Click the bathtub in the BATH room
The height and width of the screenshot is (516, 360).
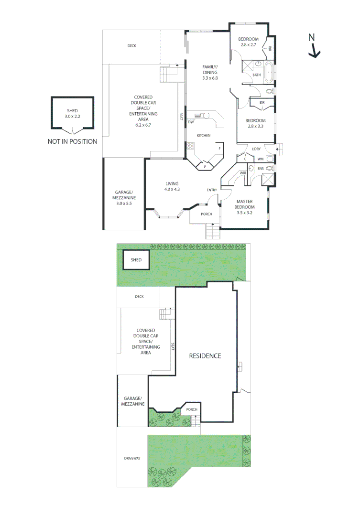point(268,72)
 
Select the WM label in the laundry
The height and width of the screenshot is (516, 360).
point(261,159)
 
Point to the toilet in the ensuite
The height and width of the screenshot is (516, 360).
point(270,168)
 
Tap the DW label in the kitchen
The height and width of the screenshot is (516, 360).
point(190,122)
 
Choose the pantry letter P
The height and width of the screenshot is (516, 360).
point(205,166)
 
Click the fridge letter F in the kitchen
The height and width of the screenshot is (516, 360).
point(219,149)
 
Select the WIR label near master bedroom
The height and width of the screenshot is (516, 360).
point(242,172)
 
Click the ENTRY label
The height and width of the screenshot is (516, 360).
point(211,190)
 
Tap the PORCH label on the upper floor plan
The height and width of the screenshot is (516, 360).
point(206,214)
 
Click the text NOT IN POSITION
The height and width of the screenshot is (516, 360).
point(72,141)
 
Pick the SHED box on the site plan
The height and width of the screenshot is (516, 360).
point(136,260)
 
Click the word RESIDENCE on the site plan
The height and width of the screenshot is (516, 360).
point(205,355)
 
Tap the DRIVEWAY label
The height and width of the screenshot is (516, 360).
point(132,458)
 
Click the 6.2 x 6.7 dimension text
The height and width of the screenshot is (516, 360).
point(143,125)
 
